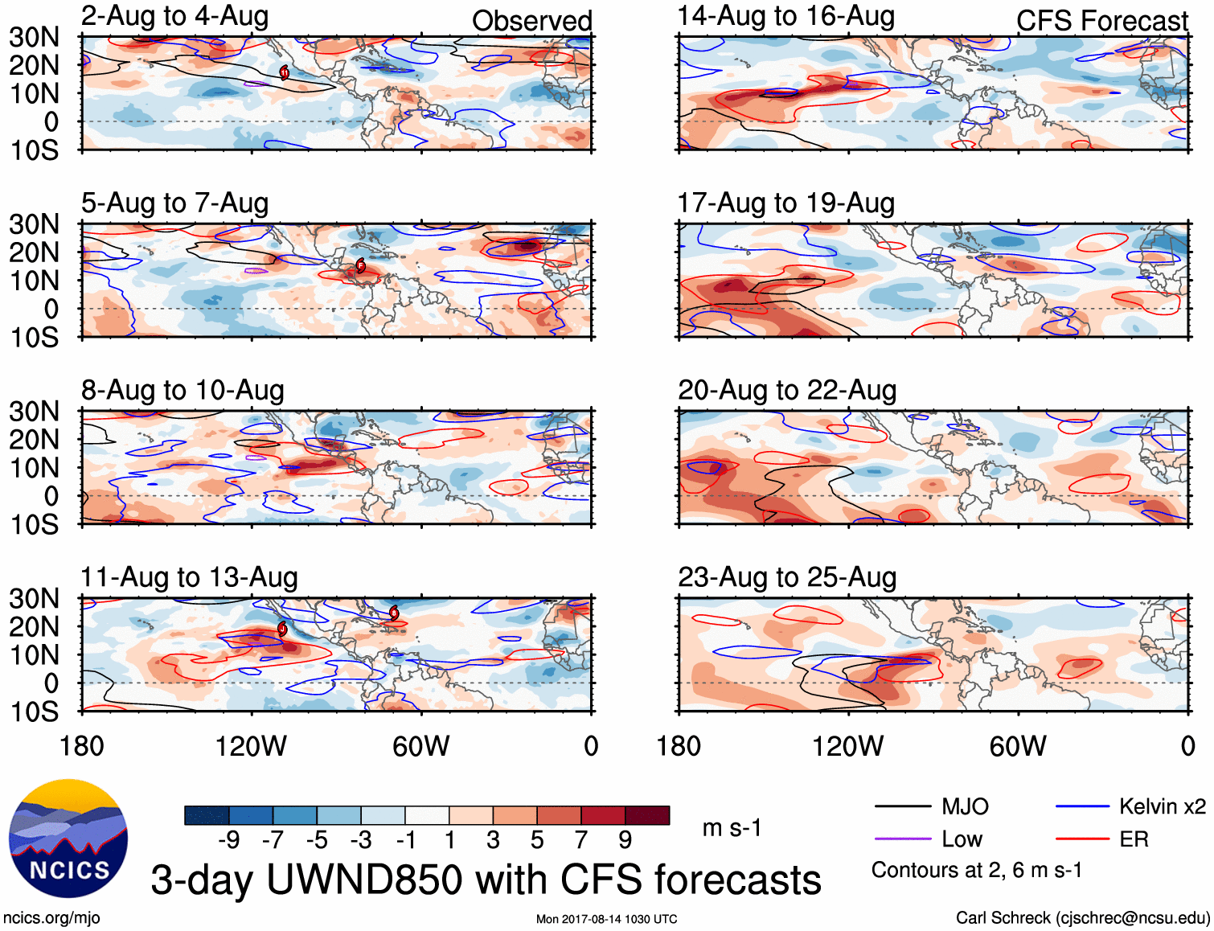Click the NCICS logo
tap(68, 839)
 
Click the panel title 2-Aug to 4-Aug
tap(174, 17)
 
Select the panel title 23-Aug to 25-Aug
tap(787, 577)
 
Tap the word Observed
tap(531, 21)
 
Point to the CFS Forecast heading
tap(1101, 21)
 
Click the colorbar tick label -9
tap(229, 840)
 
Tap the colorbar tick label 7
tap(580, 840)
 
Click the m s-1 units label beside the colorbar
tap(732, 827)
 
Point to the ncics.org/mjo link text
tap(51, 918)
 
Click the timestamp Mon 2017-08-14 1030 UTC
tap(606, 919)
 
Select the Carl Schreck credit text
tap(1082, 918)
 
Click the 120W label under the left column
tap(251, 746)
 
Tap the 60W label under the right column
tap(1018, 746)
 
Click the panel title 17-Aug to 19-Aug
tap(785, 203)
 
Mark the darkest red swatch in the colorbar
tap(647, 815)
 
